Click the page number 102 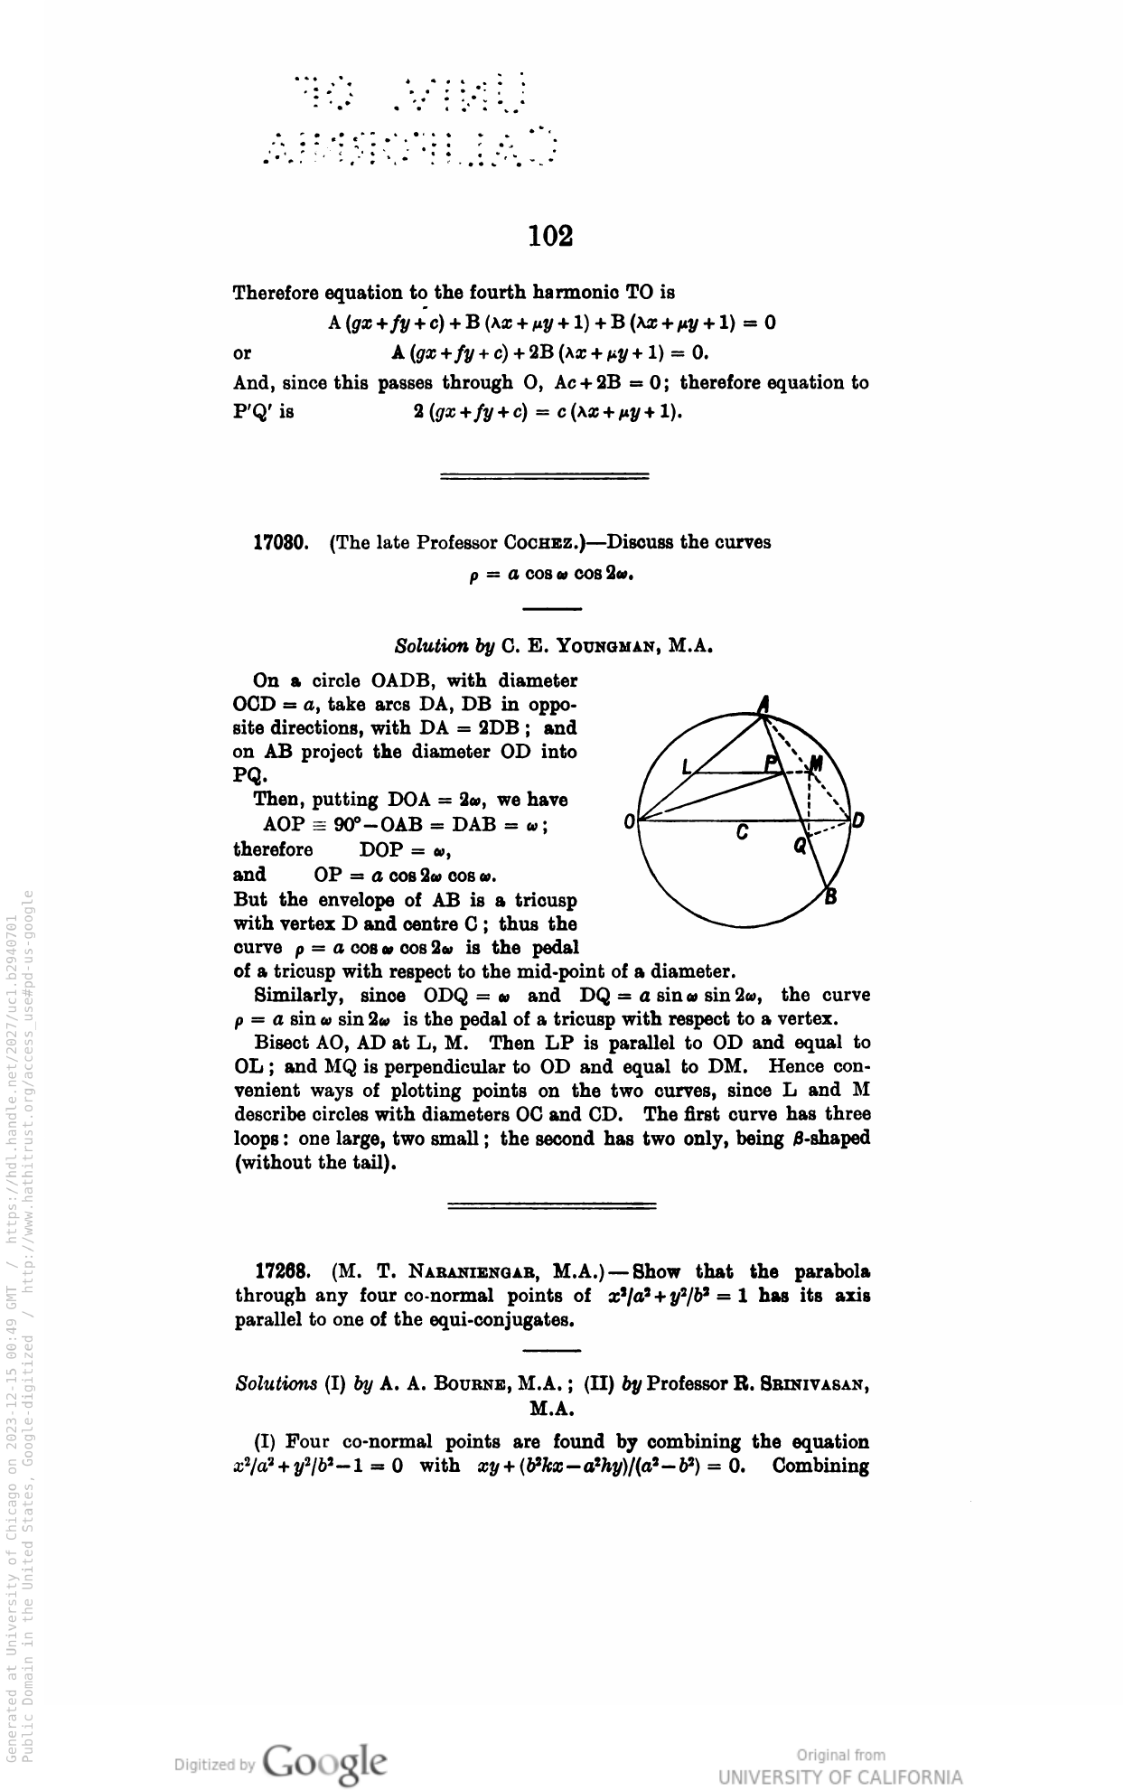[551, 237]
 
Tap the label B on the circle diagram [830, 897]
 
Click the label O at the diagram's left [629, 822]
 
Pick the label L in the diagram [687, 768]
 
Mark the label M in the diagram [816, 765]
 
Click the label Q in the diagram [799, 847]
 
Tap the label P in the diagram [771, 764]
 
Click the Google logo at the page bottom [325, 1736]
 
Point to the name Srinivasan [799, 1383]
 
